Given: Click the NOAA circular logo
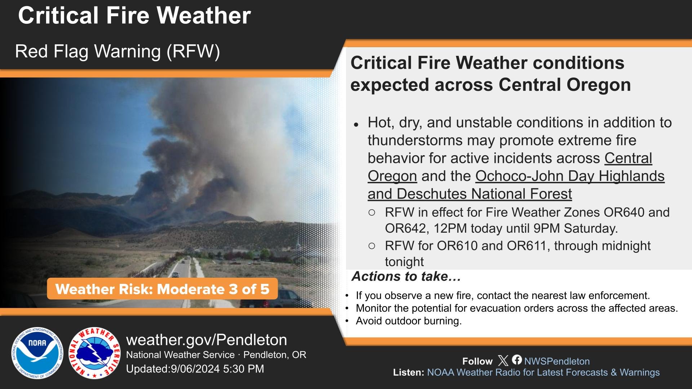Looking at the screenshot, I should tap(37, 353).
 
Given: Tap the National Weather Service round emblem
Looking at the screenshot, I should tap(95, 353).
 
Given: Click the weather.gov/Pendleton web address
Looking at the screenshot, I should tap(207, 340).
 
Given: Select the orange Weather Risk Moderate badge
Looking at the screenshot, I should tap(162, 289).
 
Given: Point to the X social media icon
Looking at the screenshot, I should tap(503, 361).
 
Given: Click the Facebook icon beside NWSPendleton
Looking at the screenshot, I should tap(517, 360).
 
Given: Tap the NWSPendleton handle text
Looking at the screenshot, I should tap(557, 361).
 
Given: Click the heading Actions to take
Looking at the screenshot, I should tap(406, 276).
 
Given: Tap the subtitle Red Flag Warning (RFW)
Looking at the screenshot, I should tap(117, 51).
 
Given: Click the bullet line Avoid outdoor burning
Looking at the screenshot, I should tap(408, 321).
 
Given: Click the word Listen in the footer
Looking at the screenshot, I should tap(408, 372).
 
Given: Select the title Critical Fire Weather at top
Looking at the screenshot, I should tap(134, 15).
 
